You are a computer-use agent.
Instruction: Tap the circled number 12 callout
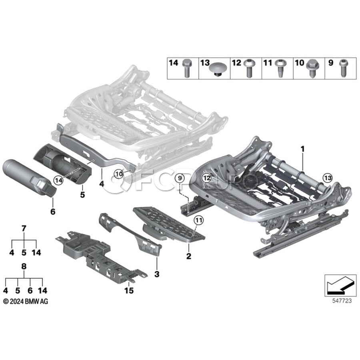tap(207, 178)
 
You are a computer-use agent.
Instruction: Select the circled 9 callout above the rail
tap(180, 178)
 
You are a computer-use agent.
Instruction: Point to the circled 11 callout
tap(199, 220)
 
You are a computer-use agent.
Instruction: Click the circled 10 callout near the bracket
tap(119, 174)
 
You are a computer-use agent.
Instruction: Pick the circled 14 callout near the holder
tap(58, 180)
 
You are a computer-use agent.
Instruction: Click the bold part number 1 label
tap(303, 149)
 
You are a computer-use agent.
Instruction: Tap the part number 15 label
tap(129, 290)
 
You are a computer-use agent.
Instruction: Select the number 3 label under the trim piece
tap(157, 274)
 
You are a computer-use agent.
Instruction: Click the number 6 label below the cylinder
tap(53, 212)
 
